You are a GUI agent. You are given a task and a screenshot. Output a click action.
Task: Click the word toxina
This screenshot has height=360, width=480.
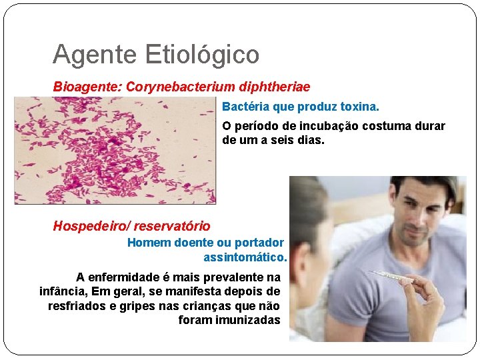click(x=359, y=107)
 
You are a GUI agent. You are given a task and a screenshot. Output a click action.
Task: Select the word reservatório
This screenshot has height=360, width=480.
click(x=173, y=227)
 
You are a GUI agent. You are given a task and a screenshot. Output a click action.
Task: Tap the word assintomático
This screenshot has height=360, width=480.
click(x=245, y=257)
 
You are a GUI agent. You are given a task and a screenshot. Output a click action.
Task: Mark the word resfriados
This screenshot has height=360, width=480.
click(x=77, y=306)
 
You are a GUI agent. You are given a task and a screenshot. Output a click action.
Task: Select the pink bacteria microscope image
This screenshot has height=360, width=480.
click(x=115, y=151)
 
